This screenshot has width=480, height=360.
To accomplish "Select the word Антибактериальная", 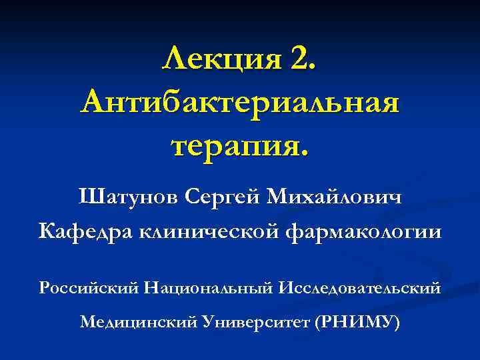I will pos(240,103).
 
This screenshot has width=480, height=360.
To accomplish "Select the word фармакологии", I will pos(363,232).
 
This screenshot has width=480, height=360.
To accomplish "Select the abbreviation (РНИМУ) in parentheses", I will pos(360,323).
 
